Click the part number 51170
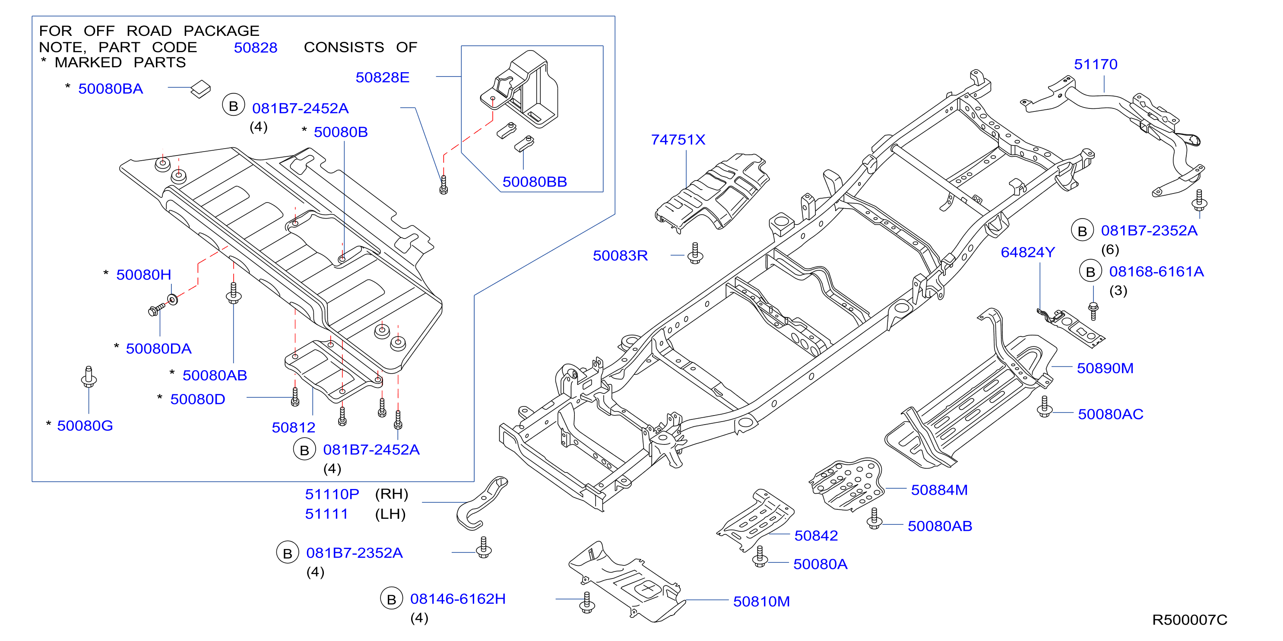click(1095, 64)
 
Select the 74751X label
click(678, 140)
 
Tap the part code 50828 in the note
click(256, 48)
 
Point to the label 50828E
click(383, 77)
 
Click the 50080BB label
click(535, 182)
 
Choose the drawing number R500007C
click(1189, 620)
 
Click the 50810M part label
click(761, 602)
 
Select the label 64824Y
click(1027, 253)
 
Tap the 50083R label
click(620, 256)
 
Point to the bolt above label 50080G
click(89, 377)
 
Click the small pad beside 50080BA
click(201, 89)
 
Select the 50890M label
click(1105, 368)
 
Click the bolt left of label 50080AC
click(1045, 406)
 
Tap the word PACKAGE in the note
click(221, 31)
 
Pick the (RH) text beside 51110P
click(392, 494)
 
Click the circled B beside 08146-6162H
click(392, 599)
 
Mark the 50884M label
click(939, 490)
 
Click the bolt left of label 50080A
click(760, 556)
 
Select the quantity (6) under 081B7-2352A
click(1110, 250)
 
